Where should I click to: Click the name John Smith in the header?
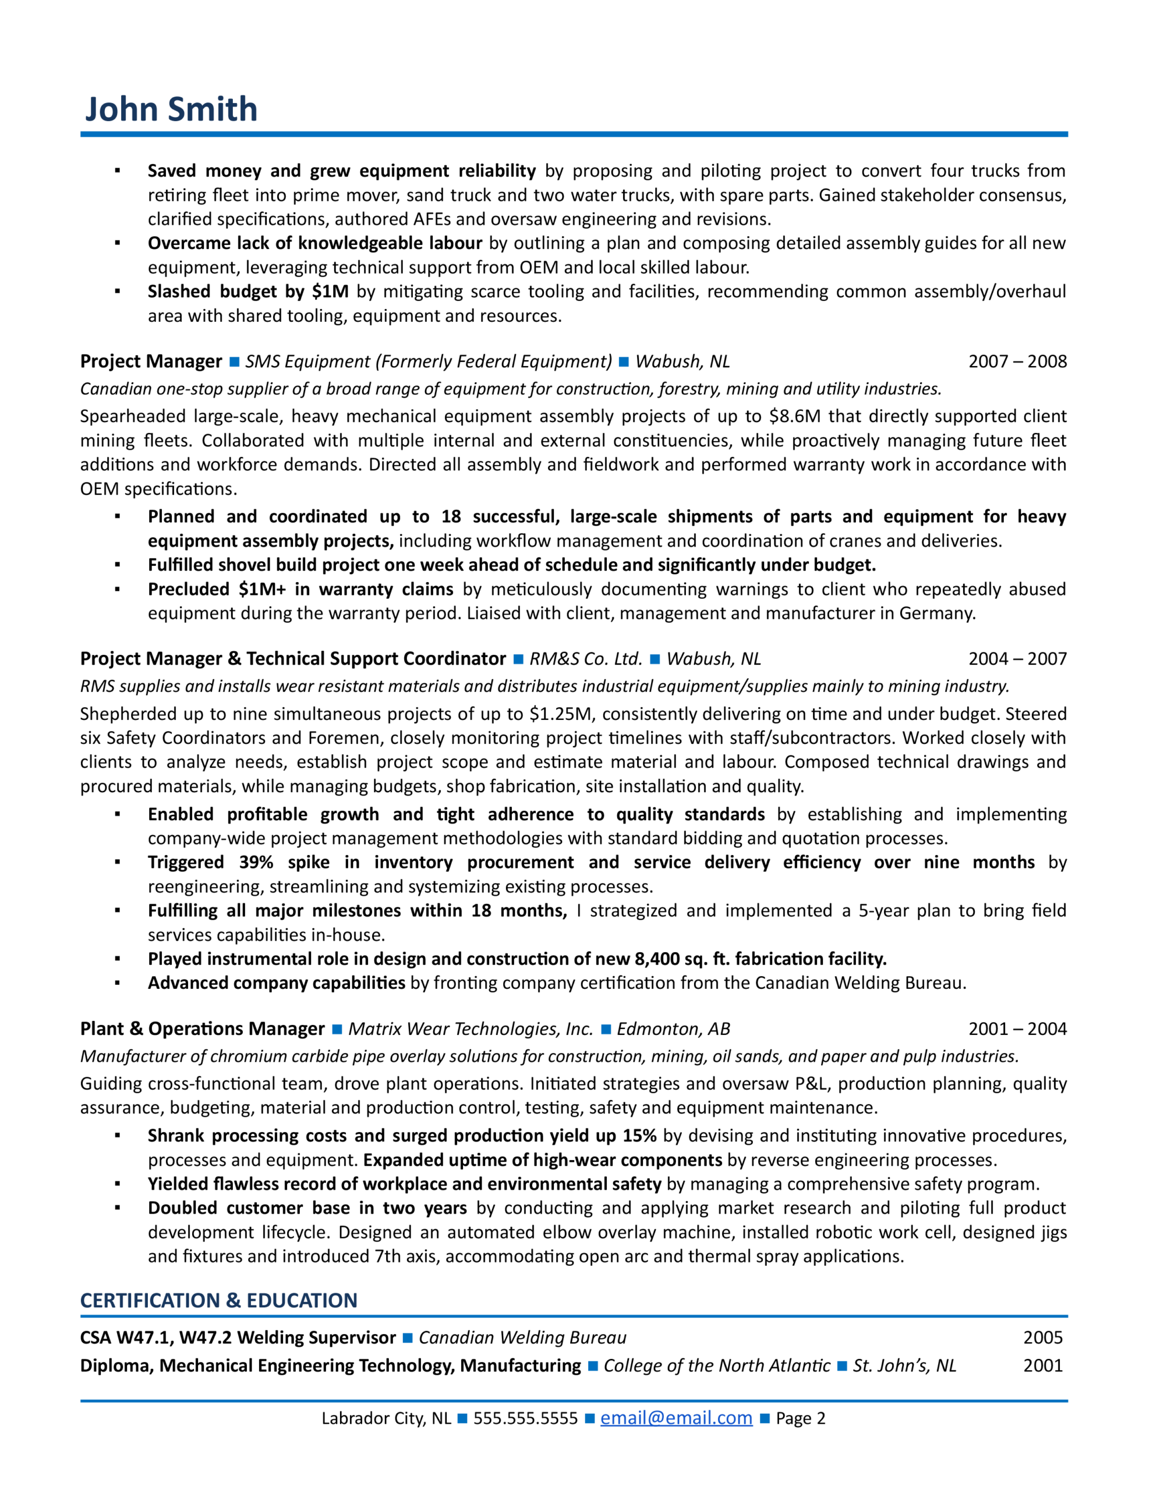[x=171, y=109]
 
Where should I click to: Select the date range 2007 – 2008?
[x=1017, y=361]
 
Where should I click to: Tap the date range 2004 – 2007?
[x=1017, y=658]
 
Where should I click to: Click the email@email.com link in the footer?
[x=676, y=1418]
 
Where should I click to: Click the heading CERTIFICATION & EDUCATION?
[x=218, y=1300]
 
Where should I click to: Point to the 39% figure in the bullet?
[x=256, y=863]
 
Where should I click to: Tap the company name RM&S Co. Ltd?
[x=586, y=658]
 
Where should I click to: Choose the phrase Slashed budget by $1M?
[x=248, y=292]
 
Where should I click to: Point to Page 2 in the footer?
[x=800, y=1418]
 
